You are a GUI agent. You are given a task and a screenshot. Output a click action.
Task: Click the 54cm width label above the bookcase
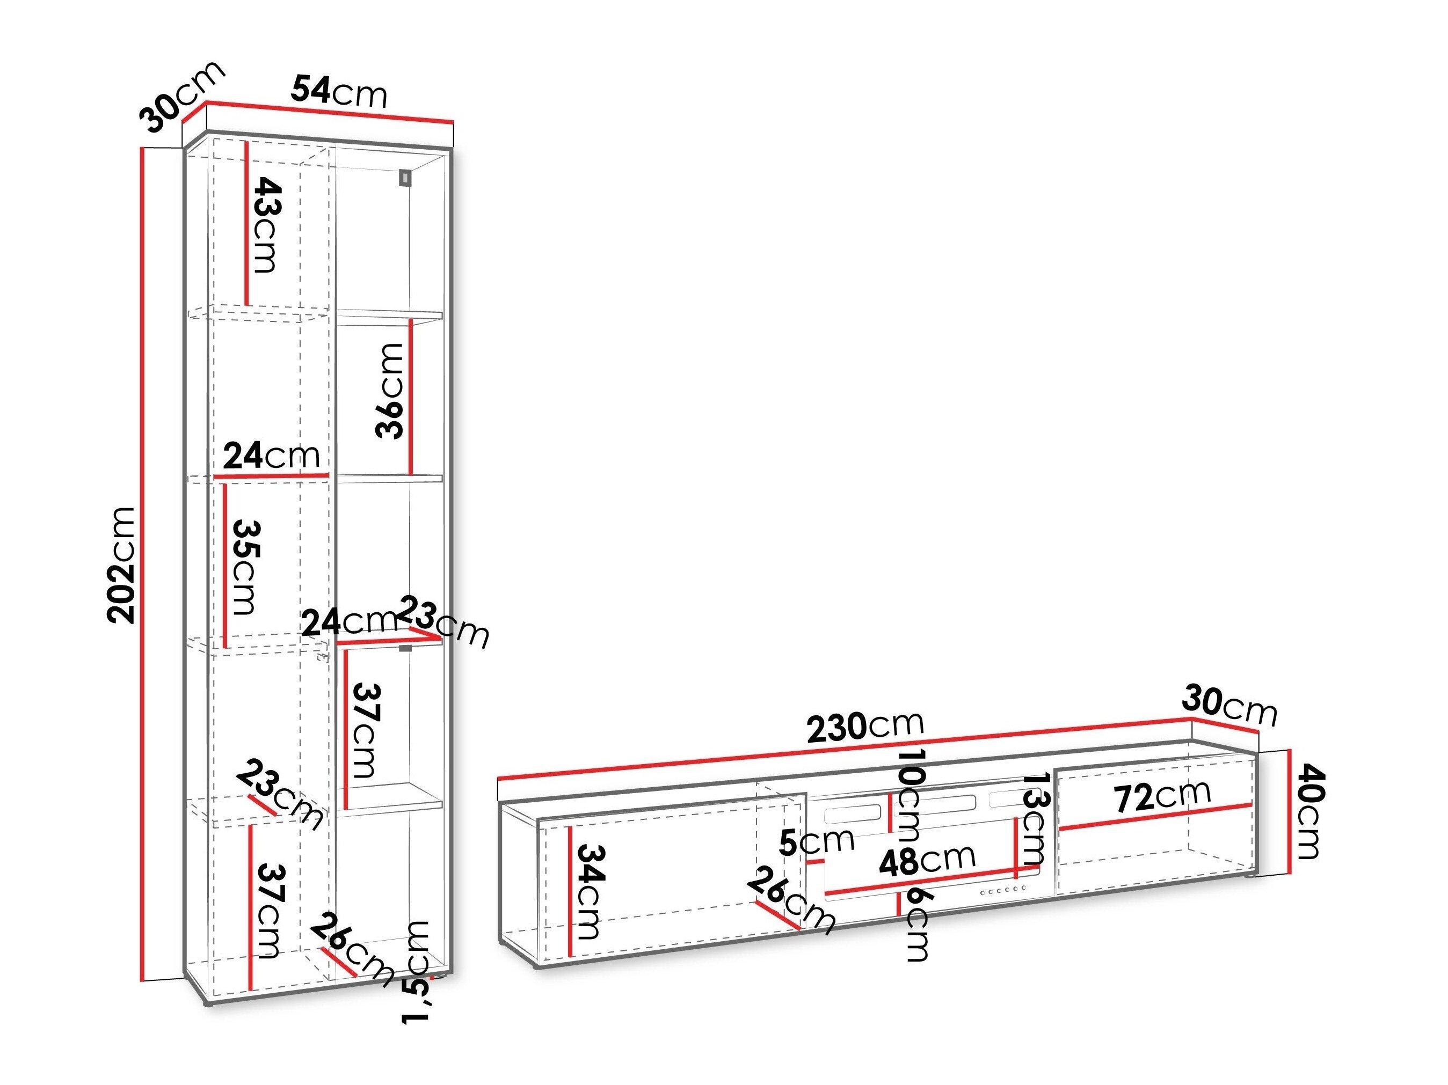coord(339,92)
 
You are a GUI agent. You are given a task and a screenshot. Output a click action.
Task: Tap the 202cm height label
coord(123,564)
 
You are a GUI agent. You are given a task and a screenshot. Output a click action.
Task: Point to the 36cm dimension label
coord(390,390)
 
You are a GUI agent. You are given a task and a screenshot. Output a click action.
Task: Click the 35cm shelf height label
coord(244,567)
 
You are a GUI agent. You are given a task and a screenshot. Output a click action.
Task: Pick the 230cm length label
coord(865,727)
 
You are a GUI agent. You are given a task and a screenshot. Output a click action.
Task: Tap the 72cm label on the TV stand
coord(1162,796)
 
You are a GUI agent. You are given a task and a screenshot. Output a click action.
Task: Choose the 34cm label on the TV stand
coord(588,892)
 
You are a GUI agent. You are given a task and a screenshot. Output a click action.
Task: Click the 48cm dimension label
coord(927,861)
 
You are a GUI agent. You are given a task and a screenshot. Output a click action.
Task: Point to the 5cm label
coord(816,841)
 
